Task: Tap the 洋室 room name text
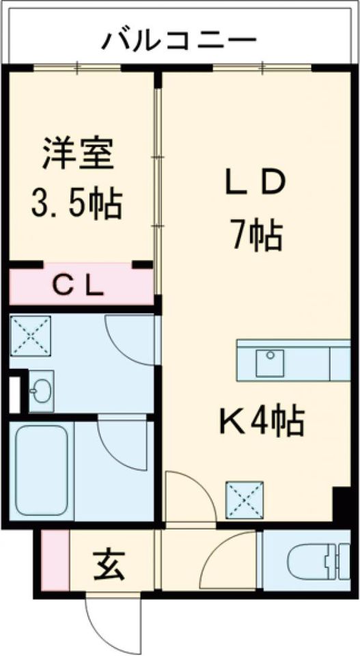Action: pos(78,154)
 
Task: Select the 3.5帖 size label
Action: pos(77,203)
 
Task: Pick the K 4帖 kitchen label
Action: pos(262,422)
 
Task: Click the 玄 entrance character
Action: pos(109,565)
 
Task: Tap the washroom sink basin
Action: pos(41,391)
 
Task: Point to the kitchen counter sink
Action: pos(270,363)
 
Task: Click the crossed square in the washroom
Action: pos(30,336)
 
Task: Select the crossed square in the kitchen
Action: pos(245,500)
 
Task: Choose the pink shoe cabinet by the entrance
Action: pos(55,560)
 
